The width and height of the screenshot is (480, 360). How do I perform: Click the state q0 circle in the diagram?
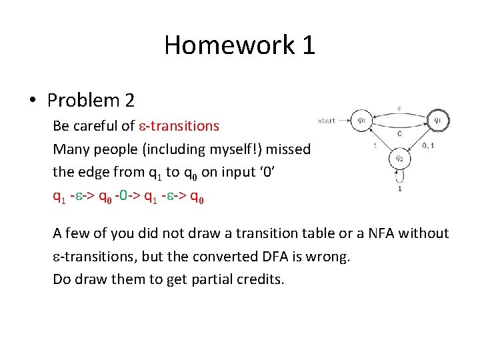(x=361, y=121)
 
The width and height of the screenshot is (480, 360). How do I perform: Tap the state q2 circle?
(x=399, y=159)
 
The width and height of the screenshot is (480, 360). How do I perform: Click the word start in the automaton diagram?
(x=327, y=121)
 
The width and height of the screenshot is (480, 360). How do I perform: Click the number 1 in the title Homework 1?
(x=308, y=45)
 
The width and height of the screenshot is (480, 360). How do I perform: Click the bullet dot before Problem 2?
(x=31, y=101)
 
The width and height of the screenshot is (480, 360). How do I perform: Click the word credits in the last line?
(x=260, y=279)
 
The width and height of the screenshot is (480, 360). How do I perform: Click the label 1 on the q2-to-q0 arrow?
(x=375, y=146)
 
